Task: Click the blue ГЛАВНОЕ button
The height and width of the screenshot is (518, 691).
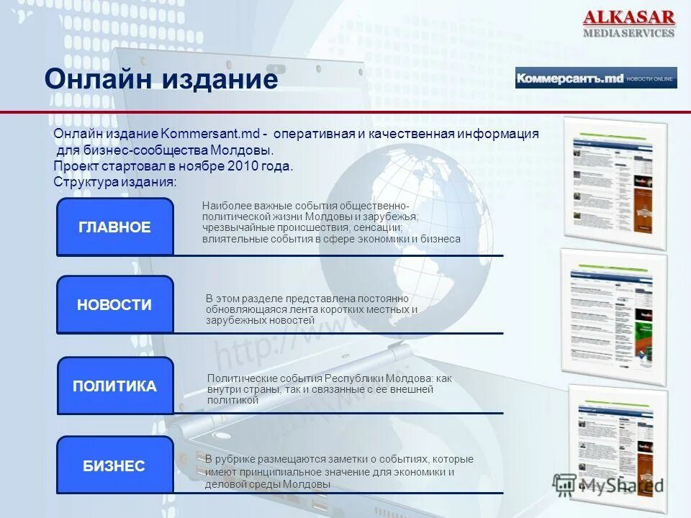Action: click(114, 227)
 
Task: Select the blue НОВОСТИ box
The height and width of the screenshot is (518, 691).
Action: click(114, 305)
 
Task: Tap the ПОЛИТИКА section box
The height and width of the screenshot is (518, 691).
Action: click(114, 386)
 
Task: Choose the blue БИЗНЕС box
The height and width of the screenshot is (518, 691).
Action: click(114, 465)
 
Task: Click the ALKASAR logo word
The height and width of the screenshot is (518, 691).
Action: click(628, 17)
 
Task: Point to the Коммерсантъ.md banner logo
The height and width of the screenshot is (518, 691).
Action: click(569, 78)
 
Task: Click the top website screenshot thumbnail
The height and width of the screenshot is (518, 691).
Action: click(615, 183)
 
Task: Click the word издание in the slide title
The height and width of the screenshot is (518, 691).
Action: click(219, 79)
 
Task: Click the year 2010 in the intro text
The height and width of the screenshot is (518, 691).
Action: click(242, 166)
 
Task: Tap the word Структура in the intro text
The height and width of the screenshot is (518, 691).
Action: click(80, 182)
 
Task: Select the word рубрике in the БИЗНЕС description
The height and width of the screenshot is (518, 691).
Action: click(242, 459)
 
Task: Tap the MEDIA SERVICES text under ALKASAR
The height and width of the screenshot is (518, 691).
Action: click(628, 33)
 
